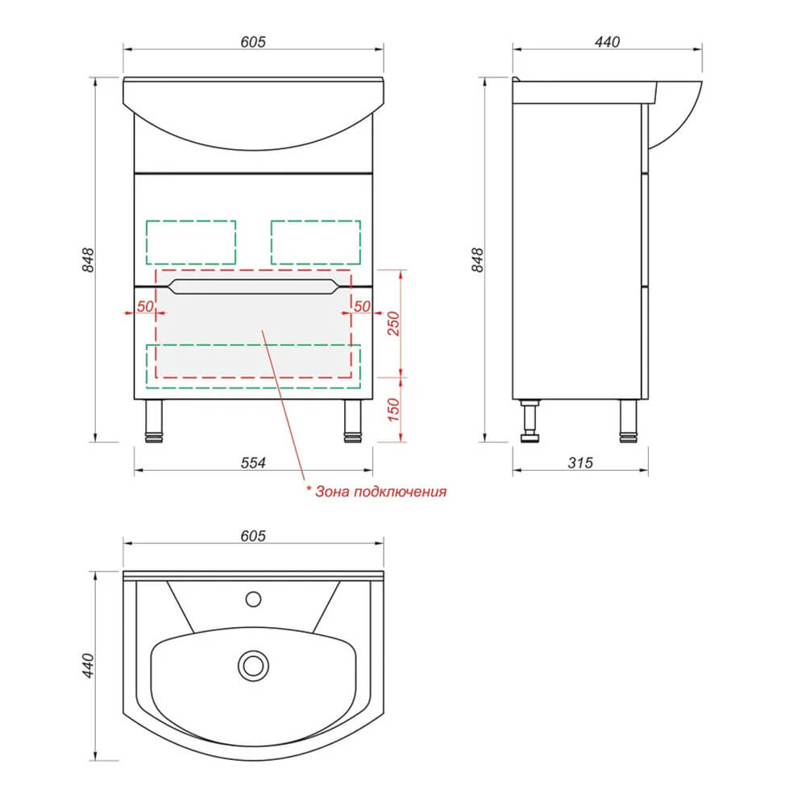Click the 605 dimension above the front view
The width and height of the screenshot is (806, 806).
253,42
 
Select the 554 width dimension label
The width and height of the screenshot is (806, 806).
253,463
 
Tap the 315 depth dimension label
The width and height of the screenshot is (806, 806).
580,463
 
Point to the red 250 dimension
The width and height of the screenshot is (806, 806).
393,323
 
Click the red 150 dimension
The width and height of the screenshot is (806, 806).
393,409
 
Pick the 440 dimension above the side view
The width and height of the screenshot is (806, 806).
607,42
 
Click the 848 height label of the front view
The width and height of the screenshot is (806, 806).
89,260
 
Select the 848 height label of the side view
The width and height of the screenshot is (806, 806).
477,260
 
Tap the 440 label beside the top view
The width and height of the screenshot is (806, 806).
89,666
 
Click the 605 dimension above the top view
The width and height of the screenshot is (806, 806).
253,536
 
